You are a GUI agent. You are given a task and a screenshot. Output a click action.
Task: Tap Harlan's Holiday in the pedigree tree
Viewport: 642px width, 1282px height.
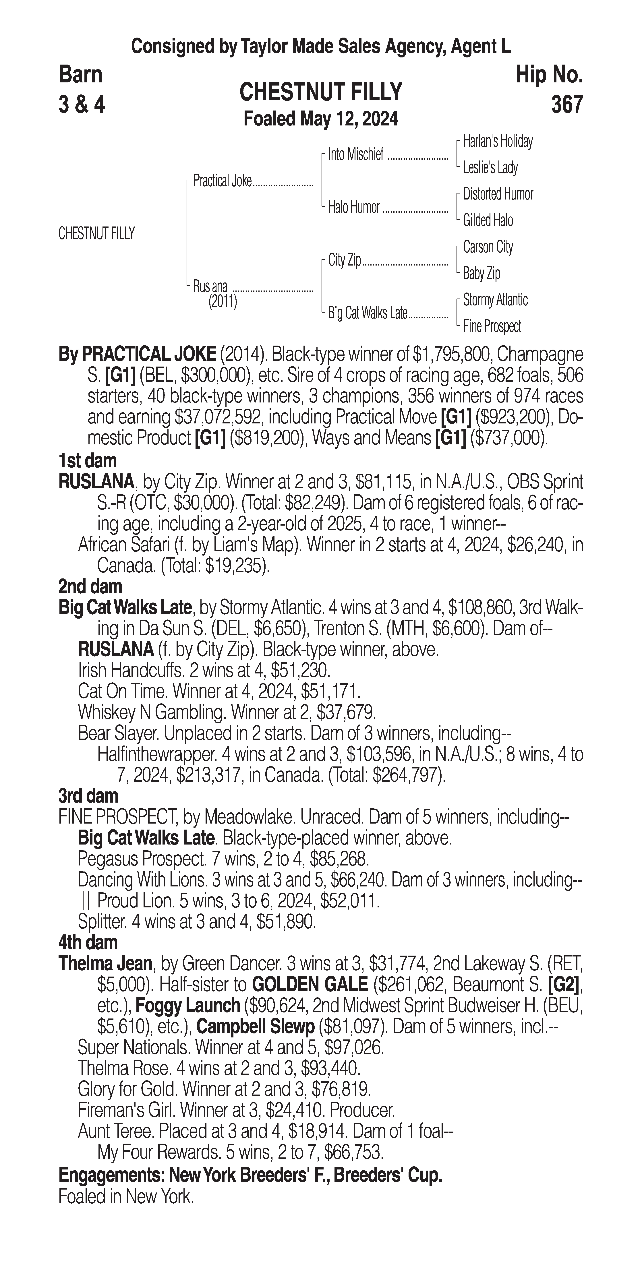point(498,141)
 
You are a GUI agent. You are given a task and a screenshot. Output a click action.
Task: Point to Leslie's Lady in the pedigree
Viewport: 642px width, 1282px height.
point(490,168)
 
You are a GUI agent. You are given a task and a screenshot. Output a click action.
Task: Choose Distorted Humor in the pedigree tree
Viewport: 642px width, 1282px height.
point(498,194)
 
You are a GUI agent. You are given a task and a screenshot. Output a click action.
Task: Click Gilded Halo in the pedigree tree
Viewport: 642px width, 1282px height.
point(488,220)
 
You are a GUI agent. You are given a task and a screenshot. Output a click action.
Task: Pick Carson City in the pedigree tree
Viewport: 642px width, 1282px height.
point(488,247)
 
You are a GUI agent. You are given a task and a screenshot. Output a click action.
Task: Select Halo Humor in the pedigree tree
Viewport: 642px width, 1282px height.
point(354,207)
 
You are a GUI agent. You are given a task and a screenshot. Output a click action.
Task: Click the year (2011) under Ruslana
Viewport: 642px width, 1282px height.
point(223,302)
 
